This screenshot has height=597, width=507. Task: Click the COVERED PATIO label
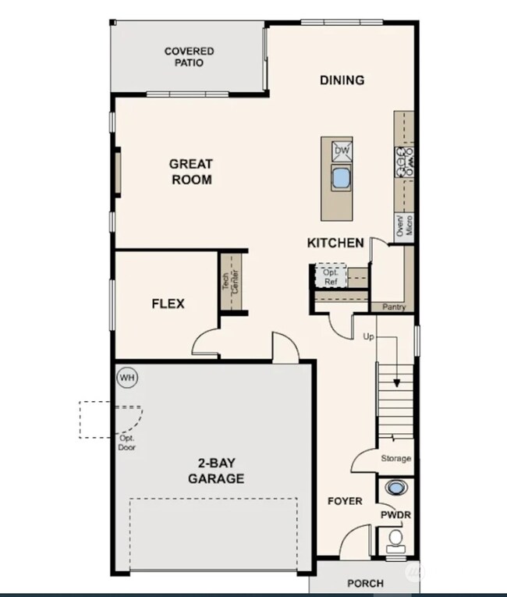[x=189, y=57]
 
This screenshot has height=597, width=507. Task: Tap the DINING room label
[x=342, y=80]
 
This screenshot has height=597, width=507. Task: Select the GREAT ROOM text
[x=191, y=172]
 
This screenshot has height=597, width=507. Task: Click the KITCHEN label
[x=335, y=243]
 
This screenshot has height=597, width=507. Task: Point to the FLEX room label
[x=168, y=304]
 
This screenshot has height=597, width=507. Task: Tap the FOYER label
[x=344, y=500]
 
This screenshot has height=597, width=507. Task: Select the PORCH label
[x=365, y=583]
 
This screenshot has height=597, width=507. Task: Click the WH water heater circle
[x=126, y=378]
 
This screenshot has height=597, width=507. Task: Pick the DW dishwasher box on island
[x=342, y=150]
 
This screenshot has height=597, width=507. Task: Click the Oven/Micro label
[x=403, y=226]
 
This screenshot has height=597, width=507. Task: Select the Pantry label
[x=394, y=307]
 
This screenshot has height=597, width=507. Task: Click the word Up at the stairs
[x=369, y=336]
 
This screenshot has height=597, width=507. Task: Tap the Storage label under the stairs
[x=395, y=459]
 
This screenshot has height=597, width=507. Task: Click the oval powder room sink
[x=396, y=489]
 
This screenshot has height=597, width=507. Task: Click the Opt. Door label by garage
[x=126, y=443]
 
